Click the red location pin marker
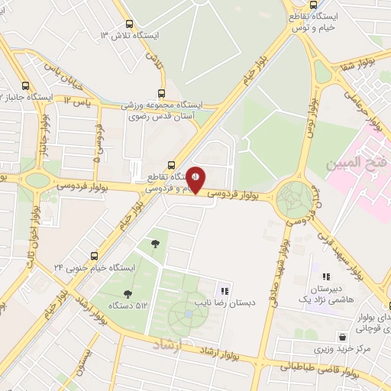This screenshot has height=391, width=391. [x=196, y=180]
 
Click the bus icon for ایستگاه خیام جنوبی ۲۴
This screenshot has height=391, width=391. [x=93, y=256]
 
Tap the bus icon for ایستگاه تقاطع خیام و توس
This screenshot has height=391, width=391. [x=293, y=15]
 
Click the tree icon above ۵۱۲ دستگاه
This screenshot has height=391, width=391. [x=128, y=294]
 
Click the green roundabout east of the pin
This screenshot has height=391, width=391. [x=294, y=199]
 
